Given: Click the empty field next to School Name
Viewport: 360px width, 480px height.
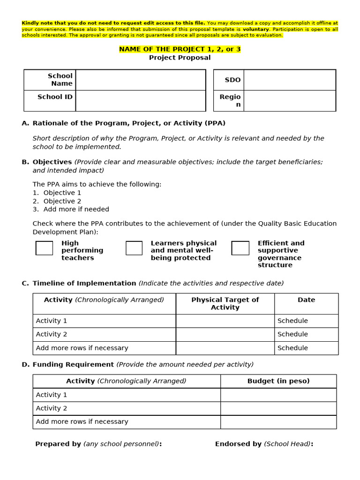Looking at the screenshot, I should click(x=141, y=80).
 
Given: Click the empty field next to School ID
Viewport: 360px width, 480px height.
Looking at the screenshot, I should click(x=141, y=101).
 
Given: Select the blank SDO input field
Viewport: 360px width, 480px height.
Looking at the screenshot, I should click(x=289, y=80).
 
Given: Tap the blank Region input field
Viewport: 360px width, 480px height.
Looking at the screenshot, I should click(x=289, y=101).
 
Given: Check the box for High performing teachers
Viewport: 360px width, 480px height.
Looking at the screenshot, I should click(x=45, y=248).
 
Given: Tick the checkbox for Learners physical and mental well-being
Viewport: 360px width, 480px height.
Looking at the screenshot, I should click(x=134, y=248).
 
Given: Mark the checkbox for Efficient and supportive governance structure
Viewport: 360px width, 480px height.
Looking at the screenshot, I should click(x=240, y=248).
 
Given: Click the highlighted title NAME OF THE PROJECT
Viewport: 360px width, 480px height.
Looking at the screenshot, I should click(x=180, y=49).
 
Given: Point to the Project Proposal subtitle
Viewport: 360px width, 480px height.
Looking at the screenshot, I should click(x=180, y=58).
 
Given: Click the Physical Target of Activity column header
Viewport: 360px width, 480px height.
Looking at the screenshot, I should click(x=225, y=303).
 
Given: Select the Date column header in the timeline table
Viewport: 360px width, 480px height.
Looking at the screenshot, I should click(x=306, y=300).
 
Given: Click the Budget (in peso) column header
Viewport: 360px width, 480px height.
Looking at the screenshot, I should click(x=278, y=381).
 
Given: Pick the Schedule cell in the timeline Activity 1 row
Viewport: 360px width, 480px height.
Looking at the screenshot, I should click(x=293, y=321).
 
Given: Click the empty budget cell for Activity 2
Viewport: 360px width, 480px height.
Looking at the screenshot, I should click(x=278, y=408).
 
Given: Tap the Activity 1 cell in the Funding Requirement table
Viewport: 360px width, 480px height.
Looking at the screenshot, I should click(x=52, y=395).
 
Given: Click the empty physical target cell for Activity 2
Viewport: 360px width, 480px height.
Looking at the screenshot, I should click(x=225, y=334).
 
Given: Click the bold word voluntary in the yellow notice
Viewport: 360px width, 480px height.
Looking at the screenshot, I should click(x=255, y=29).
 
